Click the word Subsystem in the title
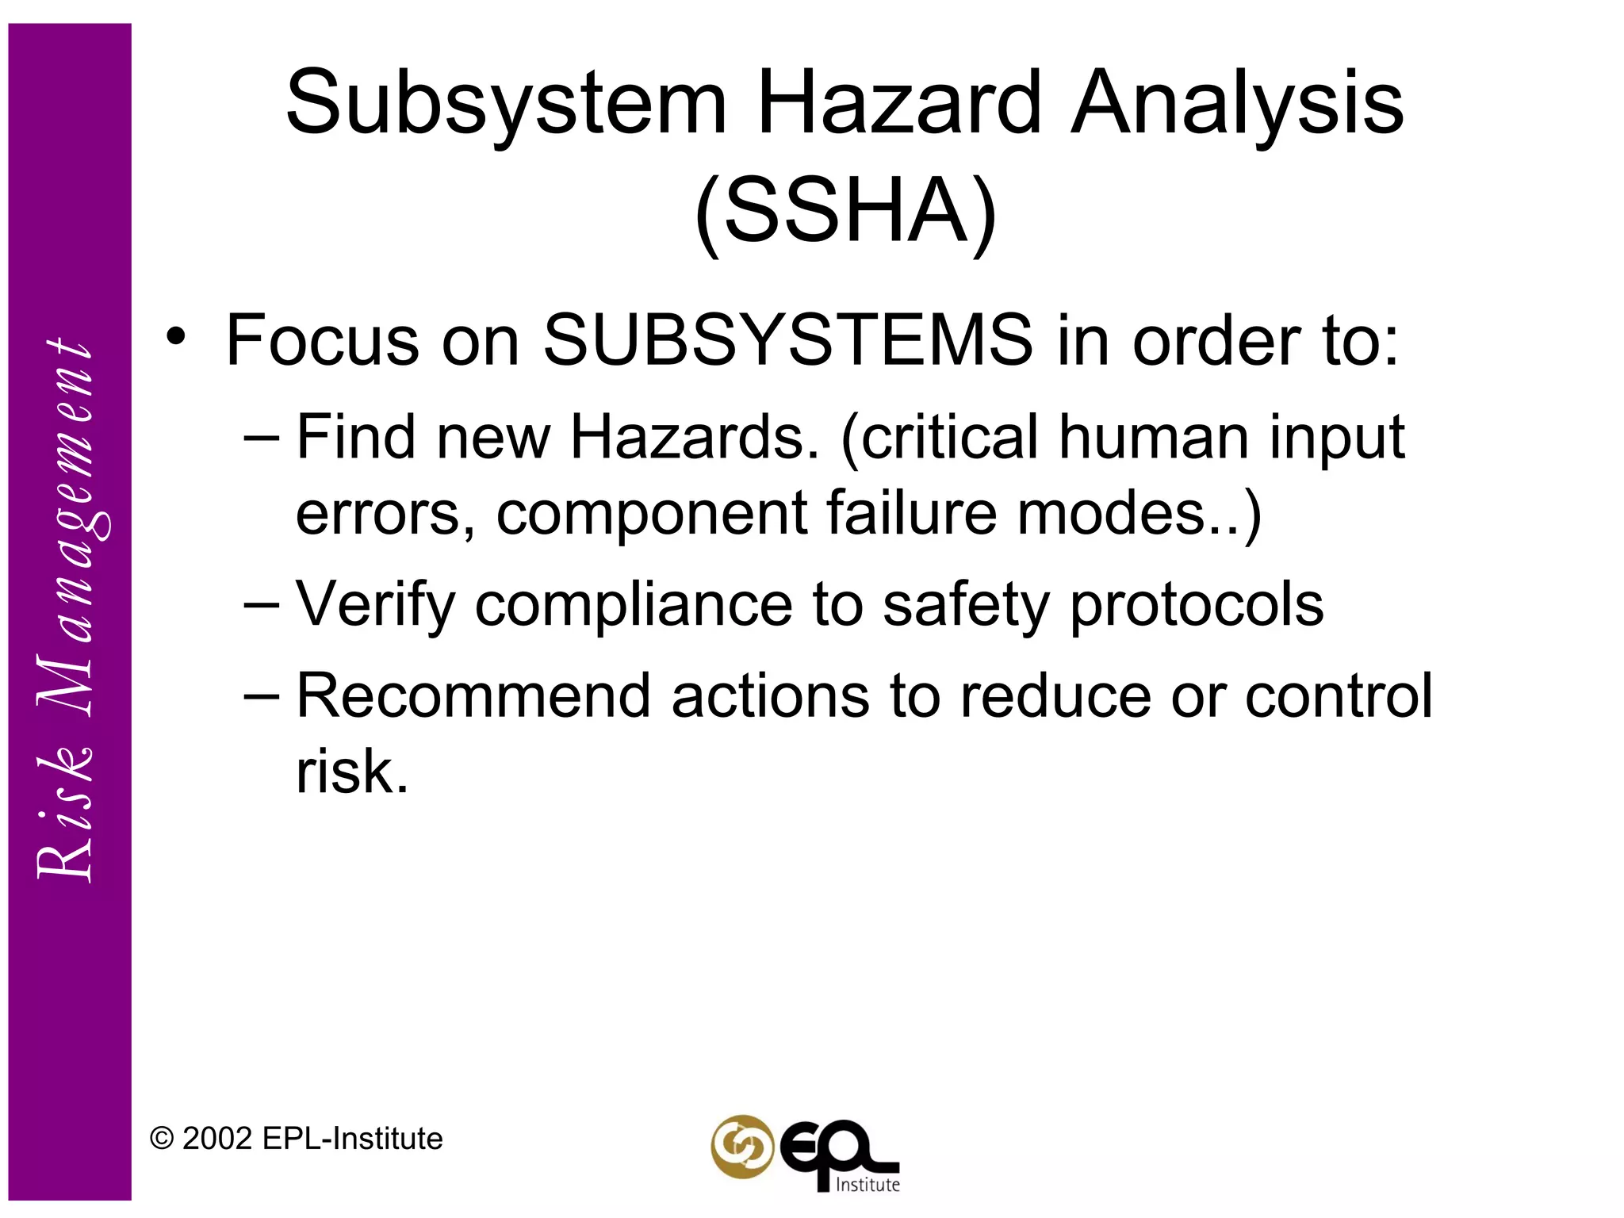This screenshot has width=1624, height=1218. coord(506,104)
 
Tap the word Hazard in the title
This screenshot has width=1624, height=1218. coord(899,102)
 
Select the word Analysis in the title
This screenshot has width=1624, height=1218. coord(1237,104)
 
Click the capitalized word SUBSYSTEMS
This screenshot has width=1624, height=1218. coord(788,340)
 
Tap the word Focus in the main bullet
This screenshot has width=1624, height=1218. coord(322,340)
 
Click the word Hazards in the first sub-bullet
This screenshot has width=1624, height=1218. coord(695,437)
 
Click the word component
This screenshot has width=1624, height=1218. coord(651,515)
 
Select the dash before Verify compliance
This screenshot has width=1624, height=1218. coord(262,603)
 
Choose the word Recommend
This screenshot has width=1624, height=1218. coord(473,696)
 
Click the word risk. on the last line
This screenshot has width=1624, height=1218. coord(352,772)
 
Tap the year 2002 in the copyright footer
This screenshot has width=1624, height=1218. coord(217,1139)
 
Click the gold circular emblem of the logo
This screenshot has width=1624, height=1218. coord(742,1146)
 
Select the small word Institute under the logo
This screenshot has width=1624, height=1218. coord(868,1185)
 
